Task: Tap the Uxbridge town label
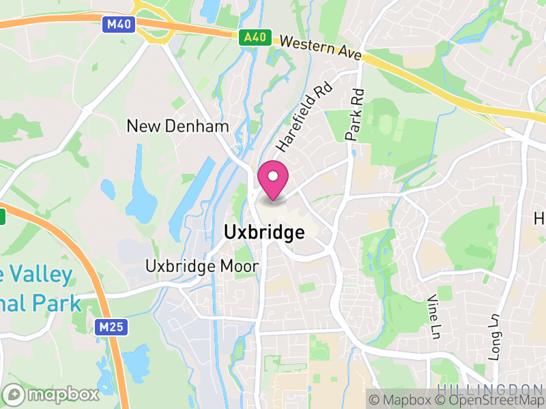point(264,232)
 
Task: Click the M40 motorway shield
point(119,25)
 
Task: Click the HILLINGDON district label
point(491,388)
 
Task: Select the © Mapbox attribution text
point(407,400)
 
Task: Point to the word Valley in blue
point(41,275)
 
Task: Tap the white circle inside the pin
point(273,175)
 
